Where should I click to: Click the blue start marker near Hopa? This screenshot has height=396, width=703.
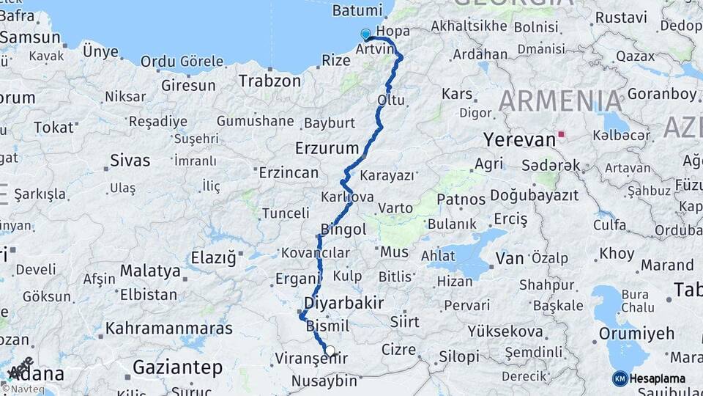366,34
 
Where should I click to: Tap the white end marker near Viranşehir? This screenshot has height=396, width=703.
330,351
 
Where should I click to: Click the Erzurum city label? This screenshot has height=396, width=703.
327,148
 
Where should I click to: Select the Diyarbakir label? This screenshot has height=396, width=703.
343,302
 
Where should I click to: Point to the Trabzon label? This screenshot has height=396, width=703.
269,81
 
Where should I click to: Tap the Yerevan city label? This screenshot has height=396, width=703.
519,139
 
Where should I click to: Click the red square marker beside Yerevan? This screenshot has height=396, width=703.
562,135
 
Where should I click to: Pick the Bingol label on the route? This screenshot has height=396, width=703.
343,230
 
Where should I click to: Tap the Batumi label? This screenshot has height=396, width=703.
357,11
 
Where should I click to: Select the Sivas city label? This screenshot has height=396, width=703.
130,161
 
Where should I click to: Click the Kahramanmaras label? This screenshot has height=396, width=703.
169,328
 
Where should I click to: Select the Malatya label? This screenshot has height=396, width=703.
150,271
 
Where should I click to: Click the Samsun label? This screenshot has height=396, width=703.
30,37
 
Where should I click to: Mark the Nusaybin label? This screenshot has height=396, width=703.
324,381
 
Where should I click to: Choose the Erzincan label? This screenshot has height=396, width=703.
289,173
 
